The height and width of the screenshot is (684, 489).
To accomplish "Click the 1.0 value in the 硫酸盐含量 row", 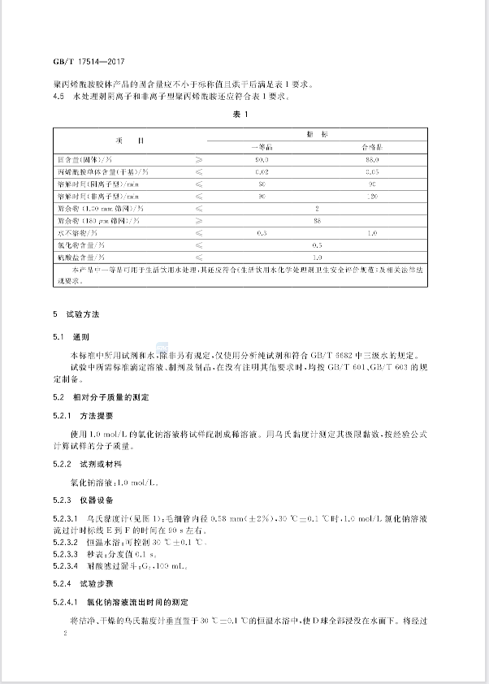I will [x=318, y=256].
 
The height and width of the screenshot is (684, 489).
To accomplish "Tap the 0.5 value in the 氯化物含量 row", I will [x=318, y=245].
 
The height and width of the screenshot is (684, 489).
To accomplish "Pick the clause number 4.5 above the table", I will [x=58, y=95].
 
